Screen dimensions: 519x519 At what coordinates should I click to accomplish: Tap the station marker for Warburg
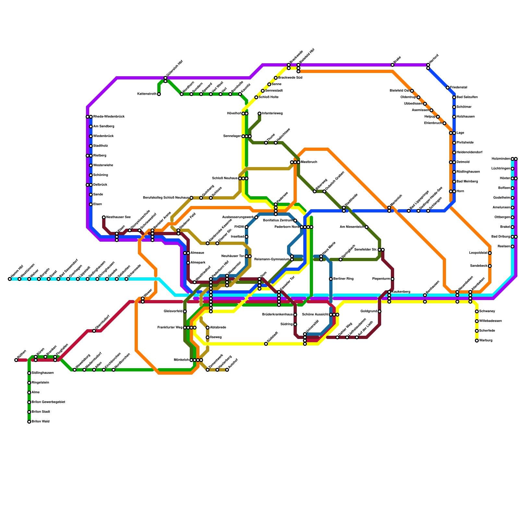pyautogui.click(x=477, y=341)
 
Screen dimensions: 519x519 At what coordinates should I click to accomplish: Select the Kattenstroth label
pyautogui.click(x=147, y=94)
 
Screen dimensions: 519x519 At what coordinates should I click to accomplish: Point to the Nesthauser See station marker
pyautogui.click(x=104, y=217)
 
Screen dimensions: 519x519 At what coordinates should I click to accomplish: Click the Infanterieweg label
pyautogui.click(x=272, y=114)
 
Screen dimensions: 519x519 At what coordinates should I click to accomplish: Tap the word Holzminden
pyautogui.click(x=501, y=159)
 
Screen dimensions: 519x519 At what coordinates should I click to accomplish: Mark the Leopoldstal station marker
pyautogui.click(x=490, y=253)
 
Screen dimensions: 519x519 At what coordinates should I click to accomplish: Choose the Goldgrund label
pyautogui.click(x=368, y=311)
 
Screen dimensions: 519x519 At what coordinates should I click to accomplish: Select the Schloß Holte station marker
pyautogui.click(x=256, y=97)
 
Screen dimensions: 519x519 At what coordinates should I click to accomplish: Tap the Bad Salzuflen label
pyautogui.click(x=467, y=97)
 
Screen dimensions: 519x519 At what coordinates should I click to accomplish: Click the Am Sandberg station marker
pyautogui.click(x=91, y=127)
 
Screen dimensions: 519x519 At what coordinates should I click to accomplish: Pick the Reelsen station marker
pyautogui.click(x=513, y=247)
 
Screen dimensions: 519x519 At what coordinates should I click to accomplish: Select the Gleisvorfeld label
pyautogui.click(x=173, y=311)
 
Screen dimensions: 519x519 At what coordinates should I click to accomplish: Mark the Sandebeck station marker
pyautogui.click(x=490, y=266)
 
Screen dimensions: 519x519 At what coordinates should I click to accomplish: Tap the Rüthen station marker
pyautogui.click(x=16, y=360)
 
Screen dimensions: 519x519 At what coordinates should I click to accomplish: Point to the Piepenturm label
pyautogui.click(x=381, y=279)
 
